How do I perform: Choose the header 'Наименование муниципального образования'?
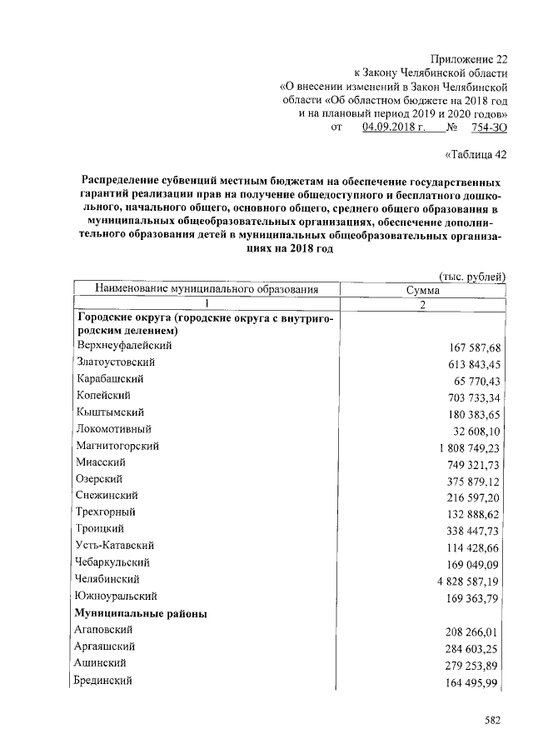[x=207, y=290]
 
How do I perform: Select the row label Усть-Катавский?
[x=115, y=545]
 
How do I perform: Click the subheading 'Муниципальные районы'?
[x=142, y=613]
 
